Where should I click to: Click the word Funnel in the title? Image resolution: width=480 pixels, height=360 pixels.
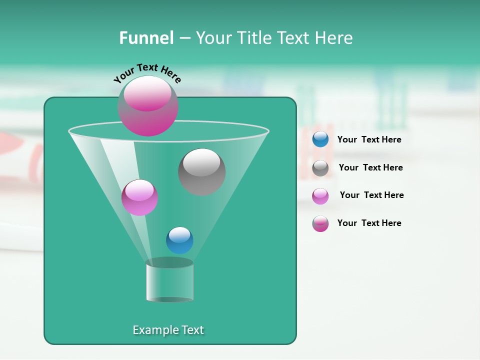point(146,38)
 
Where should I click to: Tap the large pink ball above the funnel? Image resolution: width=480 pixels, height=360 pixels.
point(147,106)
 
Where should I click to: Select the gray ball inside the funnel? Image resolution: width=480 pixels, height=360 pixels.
point(202,172)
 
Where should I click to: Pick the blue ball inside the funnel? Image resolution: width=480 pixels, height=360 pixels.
point(179,240)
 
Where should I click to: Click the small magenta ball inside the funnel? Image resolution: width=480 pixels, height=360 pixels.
point(139,197)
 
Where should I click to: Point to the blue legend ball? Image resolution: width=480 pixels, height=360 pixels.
point(320,139)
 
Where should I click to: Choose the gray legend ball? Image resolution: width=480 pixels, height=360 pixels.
point(320,168)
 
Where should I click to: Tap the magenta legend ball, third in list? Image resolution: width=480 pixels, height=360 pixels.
point(320,196)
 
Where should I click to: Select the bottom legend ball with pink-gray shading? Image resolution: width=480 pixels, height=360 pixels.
point(320,223)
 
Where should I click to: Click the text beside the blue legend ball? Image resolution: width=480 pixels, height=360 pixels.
point(369,140)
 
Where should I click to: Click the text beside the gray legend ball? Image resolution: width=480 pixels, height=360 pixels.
point(370,168)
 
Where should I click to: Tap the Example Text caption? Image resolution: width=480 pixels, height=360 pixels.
point(168,330)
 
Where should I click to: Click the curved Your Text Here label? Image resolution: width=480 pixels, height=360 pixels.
point(147,73)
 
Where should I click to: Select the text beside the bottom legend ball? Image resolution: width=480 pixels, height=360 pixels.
point(369,223)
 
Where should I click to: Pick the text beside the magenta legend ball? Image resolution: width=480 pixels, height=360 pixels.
point(371,195)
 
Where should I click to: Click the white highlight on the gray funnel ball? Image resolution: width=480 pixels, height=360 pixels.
point(201,161)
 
